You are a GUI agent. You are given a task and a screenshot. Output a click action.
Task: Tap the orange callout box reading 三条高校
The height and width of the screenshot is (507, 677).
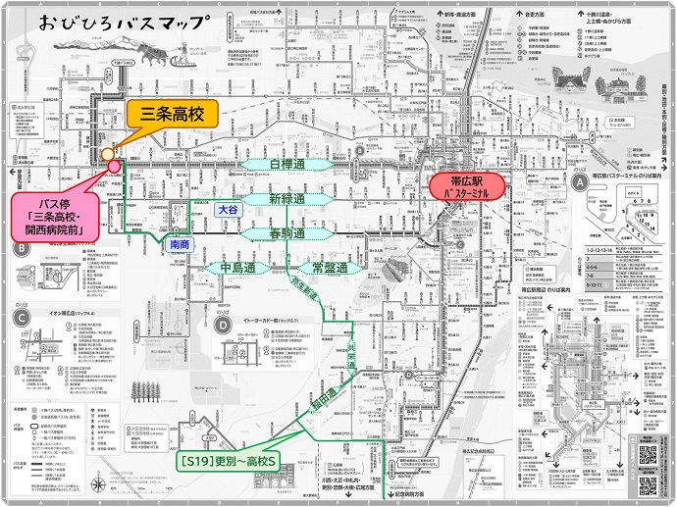pyautogui.click(x=168, y=116)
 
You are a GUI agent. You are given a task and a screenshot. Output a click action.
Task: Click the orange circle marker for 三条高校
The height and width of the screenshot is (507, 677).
pyautogui.click(x=107, y=154)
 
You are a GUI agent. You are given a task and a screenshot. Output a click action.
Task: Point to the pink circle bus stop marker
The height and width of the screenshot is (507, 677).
pyautogui.click(x=114, y=165)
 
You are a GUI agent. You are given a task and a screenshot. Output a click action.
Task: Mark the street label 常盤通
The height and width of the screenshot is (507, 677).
pyautogui.click(x=329, y=267)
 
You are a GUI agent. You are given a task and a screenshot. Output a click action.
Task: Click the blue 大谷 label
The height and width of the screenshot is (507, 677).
pyautogui.click(x=228, y=209)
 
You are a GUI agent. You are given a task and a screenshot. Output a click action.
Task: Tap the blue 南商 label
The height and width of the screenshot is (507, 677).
pyautogui.click(x=180, y=243)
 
